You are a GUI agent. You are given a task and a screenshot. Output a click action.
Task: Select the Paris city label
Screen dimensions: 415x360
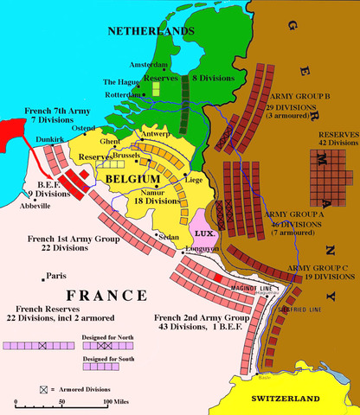click(55, 277)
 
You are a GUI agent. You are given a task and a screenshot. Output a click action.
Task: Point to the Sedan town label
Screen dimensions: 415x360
click(169, 235)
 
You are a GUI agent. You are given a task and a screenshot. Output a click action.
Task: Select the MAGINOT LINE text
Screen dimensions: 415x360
click(228, 287)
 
